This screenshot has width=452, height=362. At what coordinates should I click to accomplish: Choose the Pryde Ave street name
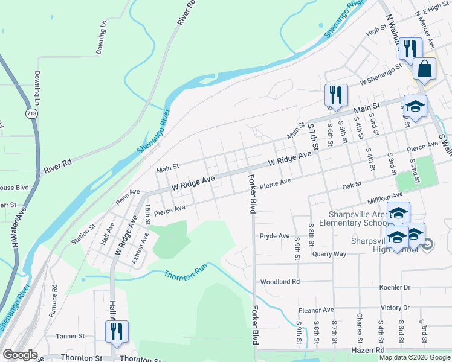[x=274, y=235]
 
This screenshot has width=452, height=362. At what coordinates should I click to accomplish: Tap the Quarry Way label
[x=329, y=253]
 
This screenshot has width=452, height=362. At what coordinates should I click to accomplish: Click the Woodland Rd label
[x=279, y=282]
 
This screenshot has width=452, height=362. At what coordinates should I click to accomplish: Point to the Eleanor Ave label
[x=316, y=310]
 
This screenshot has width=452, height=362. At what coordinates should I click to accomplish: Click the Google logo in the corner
[x=21, y=355]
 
